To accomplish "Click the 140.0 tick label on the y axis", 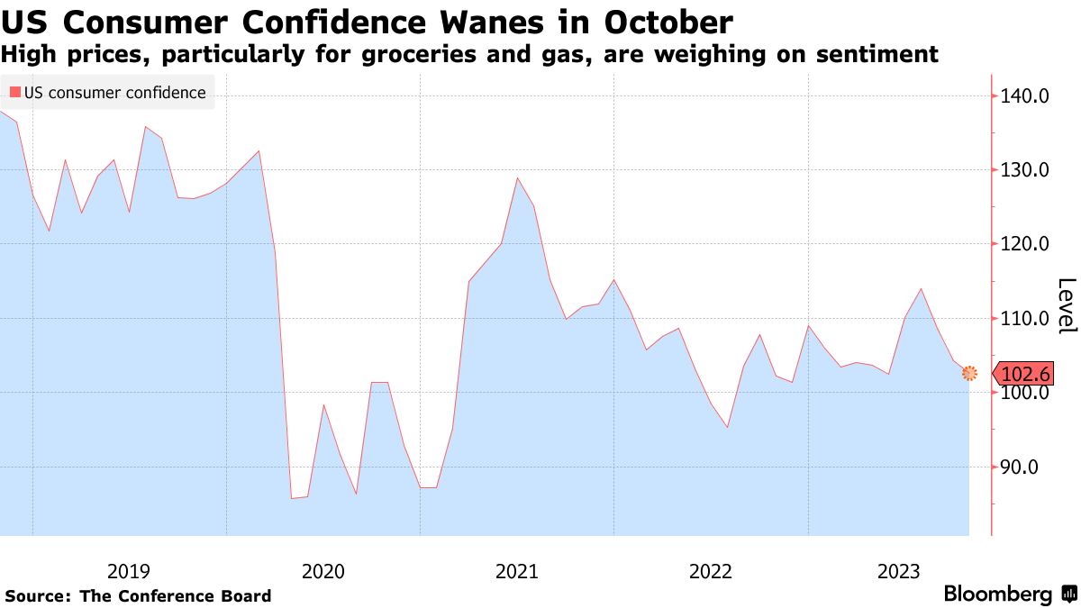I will tap(1025, 95).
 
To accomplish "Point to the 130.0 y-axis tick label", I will tap(1025, 170).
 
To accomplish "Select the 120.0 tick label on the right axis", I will tap(1025, 244).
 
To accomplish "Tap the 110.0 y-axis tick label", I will tap(1025, 319).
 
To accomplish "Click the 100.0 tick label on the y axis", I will tap(1025, 394).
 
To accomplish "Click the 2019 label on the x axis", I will tap(129, 571).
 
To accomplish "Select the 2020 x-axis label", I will tap(323, 571).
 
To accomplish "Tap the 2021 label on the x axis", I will tap(517, 571).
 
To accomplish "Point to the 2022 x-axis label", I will tap(711, 571).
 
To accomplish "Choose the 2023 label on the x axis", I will tap(898, 571).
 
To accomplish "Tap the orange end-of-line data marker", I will tap(969, 373).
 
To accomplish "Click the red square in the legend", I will tap(14, 93).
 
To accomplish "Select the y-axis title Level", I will tap(1066, 305).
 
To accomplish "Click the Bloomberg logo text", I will tap(997, 594).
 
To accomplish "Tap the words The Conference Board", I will tap(175, 595).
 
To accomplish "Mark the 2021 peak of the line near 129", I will tap(518, 177).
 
